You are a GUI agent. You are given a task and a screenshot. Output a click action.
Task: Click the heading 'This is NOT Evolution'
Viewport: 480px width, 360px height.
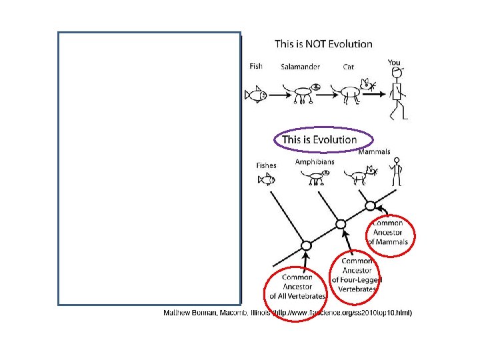pos(323,44)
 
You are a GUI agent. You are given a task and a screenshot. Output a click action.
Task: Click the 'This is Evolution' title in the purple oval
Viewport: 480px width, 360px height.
pos(319,139)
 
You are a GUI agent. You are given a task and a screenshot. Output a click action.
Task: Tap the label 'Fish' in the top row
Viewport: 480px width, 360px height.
pos(256,66)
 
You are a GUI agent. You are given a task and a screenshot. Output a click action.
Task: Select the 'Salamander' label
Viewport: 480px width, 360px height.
pos(300,67)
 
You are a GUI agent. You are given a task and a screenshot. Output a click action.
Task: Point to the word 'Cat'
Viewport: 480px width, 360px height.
pos(349,67)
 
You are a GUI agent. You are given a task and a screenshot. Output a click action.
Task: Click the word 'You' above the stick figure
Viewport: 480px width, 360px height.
pos(394,63)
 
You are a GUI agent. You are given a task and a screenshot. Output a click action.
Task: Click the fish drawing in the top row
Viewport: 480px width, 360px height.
pos(255,95)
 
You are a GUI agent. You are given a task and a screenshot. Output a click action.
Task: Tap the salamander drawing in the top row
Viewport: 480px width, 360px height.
pos(299,93)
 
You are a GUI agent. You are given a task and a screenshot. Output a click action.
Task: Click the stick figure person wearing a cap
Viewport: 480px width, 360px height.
pos(397,92)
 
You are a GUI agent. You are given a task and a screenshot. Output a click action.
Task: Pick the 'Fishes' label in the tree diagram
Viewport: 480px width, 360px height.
pos(266,165)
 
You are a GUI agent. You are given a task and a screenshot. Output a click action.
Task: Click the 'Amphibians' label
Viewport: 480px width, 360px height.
pos(315,161)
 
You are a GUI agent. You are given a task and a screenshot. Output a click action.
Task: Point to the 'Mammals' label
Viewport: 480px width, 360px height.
pos(374,152)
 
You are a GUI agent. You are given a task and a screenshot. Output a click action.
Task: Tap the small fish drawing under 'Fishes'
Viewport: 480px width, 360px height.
pos(267,179)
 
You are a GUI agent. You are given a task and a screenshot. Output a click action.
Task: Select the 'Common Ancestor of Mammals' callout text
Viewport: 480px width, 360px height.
pos(391,232)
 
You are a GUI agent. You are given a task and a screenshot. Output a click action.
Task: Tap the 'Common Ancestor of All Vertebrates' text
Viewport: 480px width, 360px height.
pos(297,287)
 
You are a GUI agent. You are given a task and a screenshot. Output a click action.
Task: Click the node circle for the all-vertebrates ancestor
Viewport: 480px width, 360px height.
pos(306,246)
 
